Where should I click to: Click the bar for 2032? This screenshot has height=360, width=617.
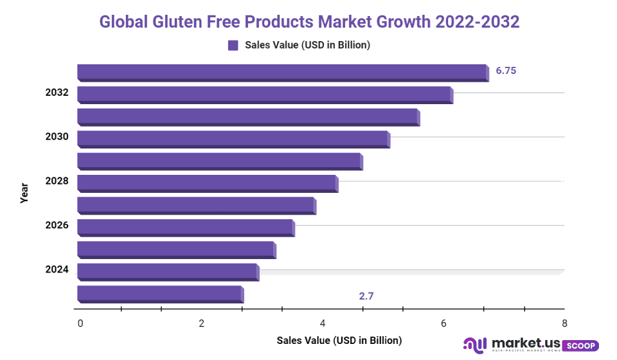pos(265,94)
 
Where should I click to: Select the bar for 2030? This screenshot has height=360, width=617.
pos(233,139)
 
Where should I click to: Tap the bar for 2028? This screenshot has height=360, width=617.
pos(208,183)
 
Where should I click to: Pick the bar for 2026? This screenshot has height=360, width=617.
pos(186,228)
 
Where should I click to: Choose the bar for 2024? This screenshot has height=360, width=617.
pos(168,272)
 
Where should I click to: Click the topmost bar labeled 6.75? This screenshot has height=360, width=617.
pos(283,72)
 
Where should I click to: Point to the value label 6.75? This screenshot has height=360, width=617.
pos(506,71)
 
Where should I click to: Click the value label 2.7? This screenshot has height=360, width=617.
pos(366,296)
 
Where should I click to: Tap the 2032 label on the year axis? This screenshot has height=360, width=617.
pos(57,93)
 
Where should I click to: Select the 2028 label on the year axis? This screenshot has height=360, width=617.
pos(57,181)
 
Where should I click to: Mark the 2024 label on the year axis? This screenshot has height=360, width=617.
pos(57,270)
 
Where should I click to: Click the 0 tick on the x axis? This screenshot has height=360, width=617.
pos(80,323)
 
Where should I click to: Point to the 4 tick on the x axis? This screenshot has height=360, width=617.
pos(323,323)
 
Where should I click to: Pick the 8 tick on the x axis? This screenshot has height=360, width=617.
pos(564,323)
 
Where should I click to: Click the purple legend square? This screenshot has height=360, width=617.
pos(233,45)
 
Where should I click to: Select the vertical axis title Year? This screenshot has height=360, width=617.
pos(24,193)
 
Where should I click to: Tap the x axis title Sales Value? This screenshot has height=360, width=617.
pos(339,340)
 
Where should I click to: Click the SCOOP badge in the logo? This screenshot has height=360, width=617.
pos(580,346)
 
